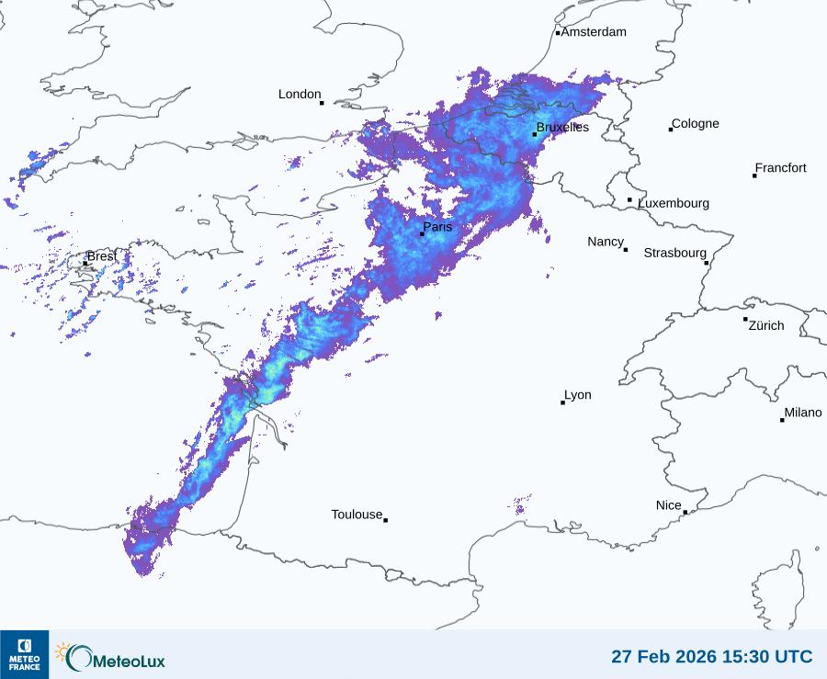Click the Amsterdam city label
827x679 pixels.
(x=594, y=32)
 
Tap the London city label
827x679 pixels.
(x=300, y=95)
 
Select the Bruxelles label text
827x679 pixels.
(x=562, y=128)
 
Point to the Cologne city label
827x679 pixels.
(x=696, y=124)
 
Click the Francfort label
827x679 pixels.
(x=780, y=168)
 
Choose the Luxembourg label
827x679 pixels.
(x=674, y=203)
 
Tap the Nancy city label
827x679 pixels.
(x=606, y=242)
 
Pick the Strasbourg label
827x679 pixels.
(x=674, y=253)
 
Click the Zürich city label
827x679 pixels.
(x=766, y=325)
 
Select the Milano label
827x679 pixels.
(x=803, y=413)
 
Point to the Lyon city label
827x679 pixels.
(x=578, y=395)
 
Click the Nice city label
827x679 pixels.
(x=668, y=505)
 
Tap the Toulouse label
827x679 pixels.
(x=357, y=515)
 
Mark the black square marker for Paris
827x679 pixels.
(x=422, y=233)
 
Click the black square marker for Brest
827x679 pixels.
(x=85, y=263)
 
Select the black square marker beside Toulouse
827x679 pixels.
(x=385, y=520)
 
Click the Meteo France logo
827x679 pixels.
(x=24, y=654)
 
